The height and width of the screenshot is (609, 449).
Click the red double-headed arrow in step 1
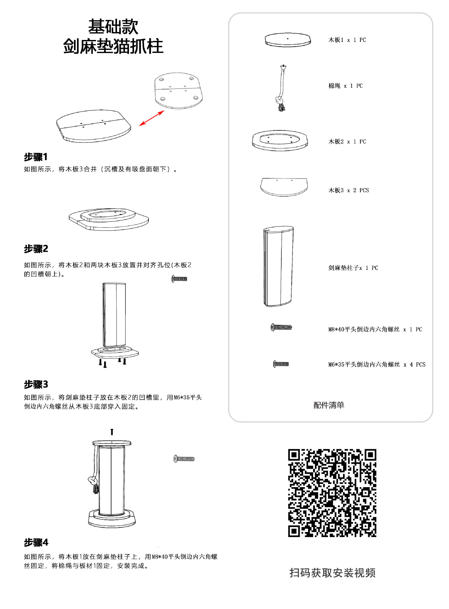click(x=152, y=118)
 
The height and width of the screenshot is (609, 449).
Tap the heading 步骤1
click(x=36, y=157)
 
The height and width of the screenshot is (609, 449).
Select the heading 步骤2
click(x=36, y=249)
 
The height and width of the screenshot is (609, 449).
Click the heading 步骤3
click(x=36, y=384)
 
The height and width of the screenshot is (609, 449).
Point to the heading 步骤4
click(x=36, y=542)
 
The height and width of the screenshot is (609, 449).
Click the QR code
click(x=332, y=493)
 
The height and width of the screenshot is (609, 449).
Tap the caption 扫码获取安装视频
click(x=332, y=573)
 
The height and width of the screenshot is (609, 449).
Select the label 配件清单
click(x=329, y=405)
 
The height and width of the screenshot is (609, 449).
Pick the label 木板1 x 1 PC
click(x=347, y=40)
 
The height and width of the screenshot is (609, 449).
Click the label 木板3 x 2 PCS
click(x=348, y=190)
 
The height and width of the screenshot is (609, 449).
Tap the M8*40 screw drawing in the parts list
click(x=281, y=327)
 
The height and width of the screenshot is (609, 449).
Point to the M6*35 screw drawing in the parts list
click(x=281, y=364)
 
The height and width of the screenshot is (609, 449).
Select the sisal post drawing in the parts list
click(x=278, y=266)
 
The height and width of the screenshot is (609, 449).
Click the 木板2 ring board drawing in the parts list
click(x=280, y=141)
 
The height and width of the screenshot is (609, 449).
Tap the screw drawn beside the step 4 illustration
click(x=184, y=459)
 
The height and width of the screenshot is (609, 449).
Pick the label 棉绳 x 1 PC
click(x=345, y=86)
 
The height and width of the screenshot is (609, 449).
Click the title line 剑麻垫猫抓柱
click(x=113, y=46)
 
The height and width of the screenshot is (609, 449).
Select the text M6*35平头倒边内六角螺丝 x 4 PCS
click(x=377, y=364)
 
